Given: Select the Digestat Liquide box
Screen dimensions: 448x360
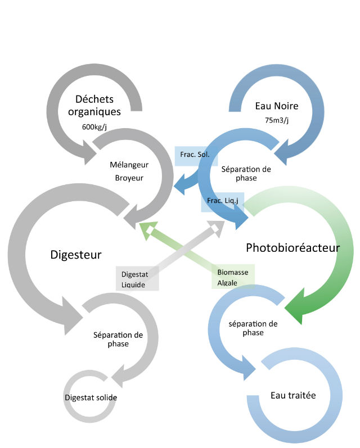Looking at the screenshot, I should pyautogui.click(x=137, y=279).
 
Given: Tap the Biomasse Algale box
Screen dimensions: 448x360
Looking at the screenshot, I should pyautogui.click(x=233, y=277).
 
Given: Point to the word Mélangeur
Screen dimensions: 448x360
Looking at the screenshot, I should pyautogui.click(x=129, y=165).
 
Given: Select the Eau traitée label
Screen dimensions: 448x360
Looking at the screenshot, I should pyautogui.click(x=293, y=395).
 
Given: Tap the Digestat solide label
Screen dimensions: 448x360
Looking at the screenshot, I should pyautogui.click(x=91, y=397).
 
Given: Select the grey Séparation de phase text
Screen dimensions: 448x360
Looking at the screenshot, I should pyautogui.click(x=118, y=339).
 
